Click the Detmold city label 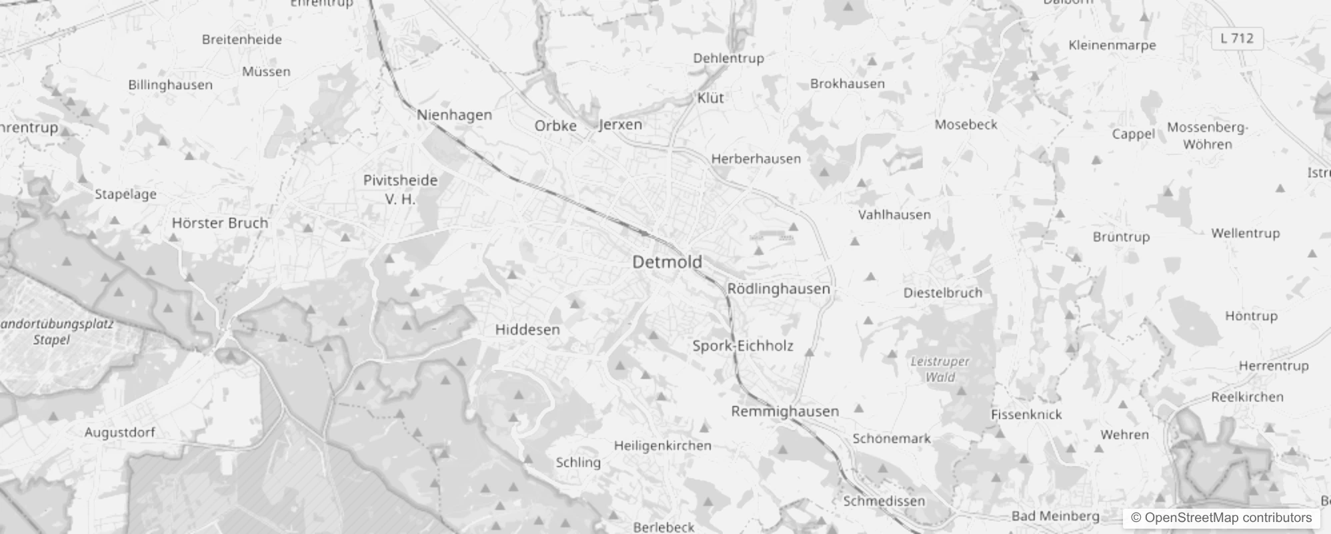tap(667, 262)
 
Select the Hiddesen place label tap(527, 330)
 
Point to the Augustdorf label tap(119, 433)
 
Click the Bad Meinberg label tap(1055, 516)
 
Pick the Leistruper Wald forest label tap(940, 369)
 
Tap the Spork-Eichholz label tap(743, 346)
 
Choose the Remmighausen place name tap(785, 411)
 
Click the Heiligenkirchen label tap(662, 446)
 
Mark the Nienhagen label tap(454, 115)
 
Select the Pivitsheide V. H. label tap(400, 189)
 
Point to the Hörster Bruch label tap(220, 223)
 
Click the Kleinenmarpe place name tap(1112, 45)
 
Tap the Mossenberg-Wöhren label tap(1207, 136)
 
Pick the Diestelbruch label tap(942, 293)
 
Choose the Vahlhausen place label tap(894, 215)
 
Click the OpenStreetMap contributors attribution tap(1221, 518)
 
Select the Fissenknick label tap(1026, 415)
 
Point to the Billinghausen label tap(170, 85)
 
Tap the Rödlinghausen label tap(778, 289)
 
